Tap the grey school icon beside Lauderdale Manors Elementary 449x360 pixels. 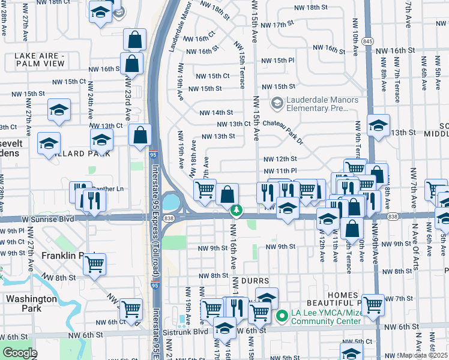tap(277, 104)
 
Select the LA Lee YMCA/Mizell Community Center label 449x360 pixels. tap(326, 316)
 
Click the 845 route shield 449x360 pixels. tap(368, 41)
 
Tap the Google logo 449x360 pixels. tap(19, 353)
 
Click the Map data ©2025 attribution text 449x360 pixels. tap(423, 355)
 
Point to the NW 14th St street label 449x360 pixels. tap(215, 112)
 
